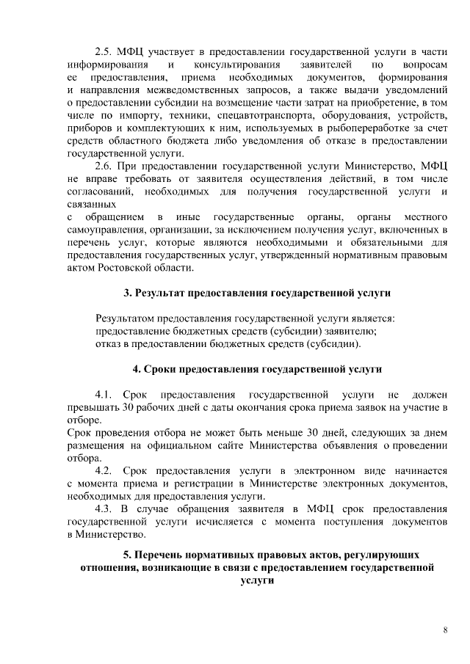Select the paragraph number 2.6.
click(105, 166)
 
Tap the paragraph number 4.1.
click(105, 395)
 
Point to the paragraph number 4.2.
click(105, 470)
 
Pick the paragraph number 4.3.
click(105, 508)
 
